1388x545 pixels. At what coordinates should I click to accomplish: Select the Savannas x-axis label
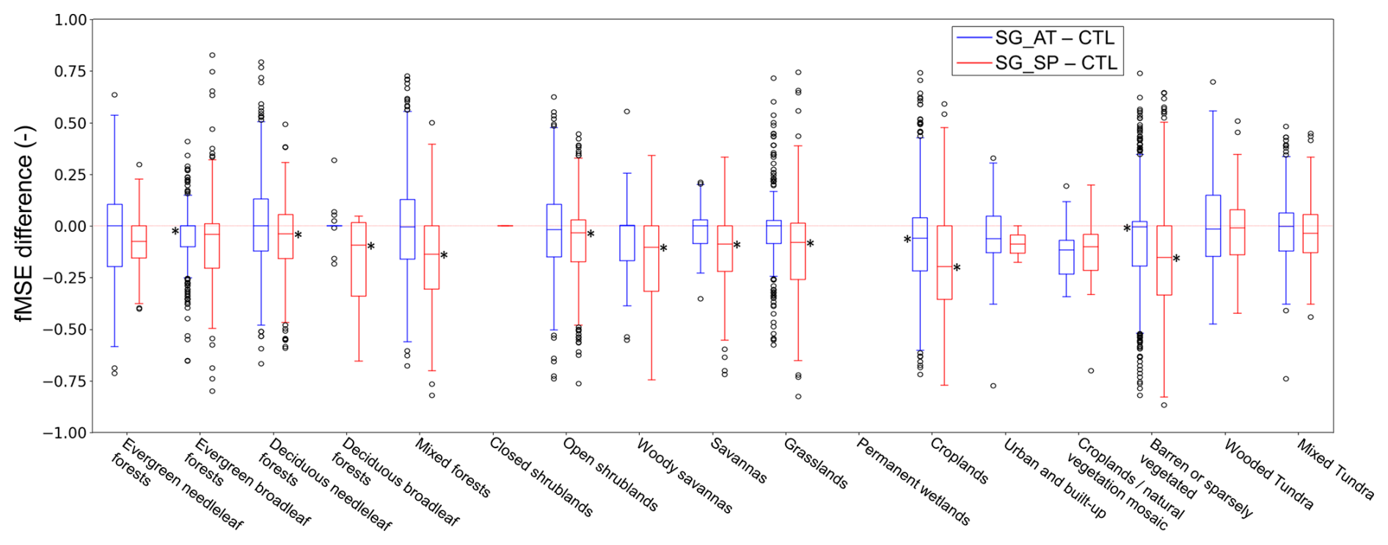click(739, 461)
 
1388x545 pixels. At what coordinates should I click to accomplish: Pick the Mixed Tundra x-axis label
click(1335, 469)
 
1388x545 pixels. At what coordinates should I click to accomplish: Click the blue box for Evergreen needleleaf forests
click(114, 235)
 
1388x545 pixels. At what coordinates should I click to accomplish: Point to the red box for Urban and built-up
click(1018, 244)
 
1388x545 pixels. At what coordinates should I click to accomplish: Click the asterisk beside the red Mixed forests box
click(444, 256)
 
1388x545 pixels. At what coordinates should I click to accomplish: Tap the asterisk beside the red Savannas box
click(737, 246)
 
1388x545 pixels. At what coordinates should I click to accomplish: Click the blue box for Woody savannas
click(627, 243)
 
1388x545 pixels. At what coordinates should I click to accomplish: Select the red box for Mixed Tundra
click(1310, 233)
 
